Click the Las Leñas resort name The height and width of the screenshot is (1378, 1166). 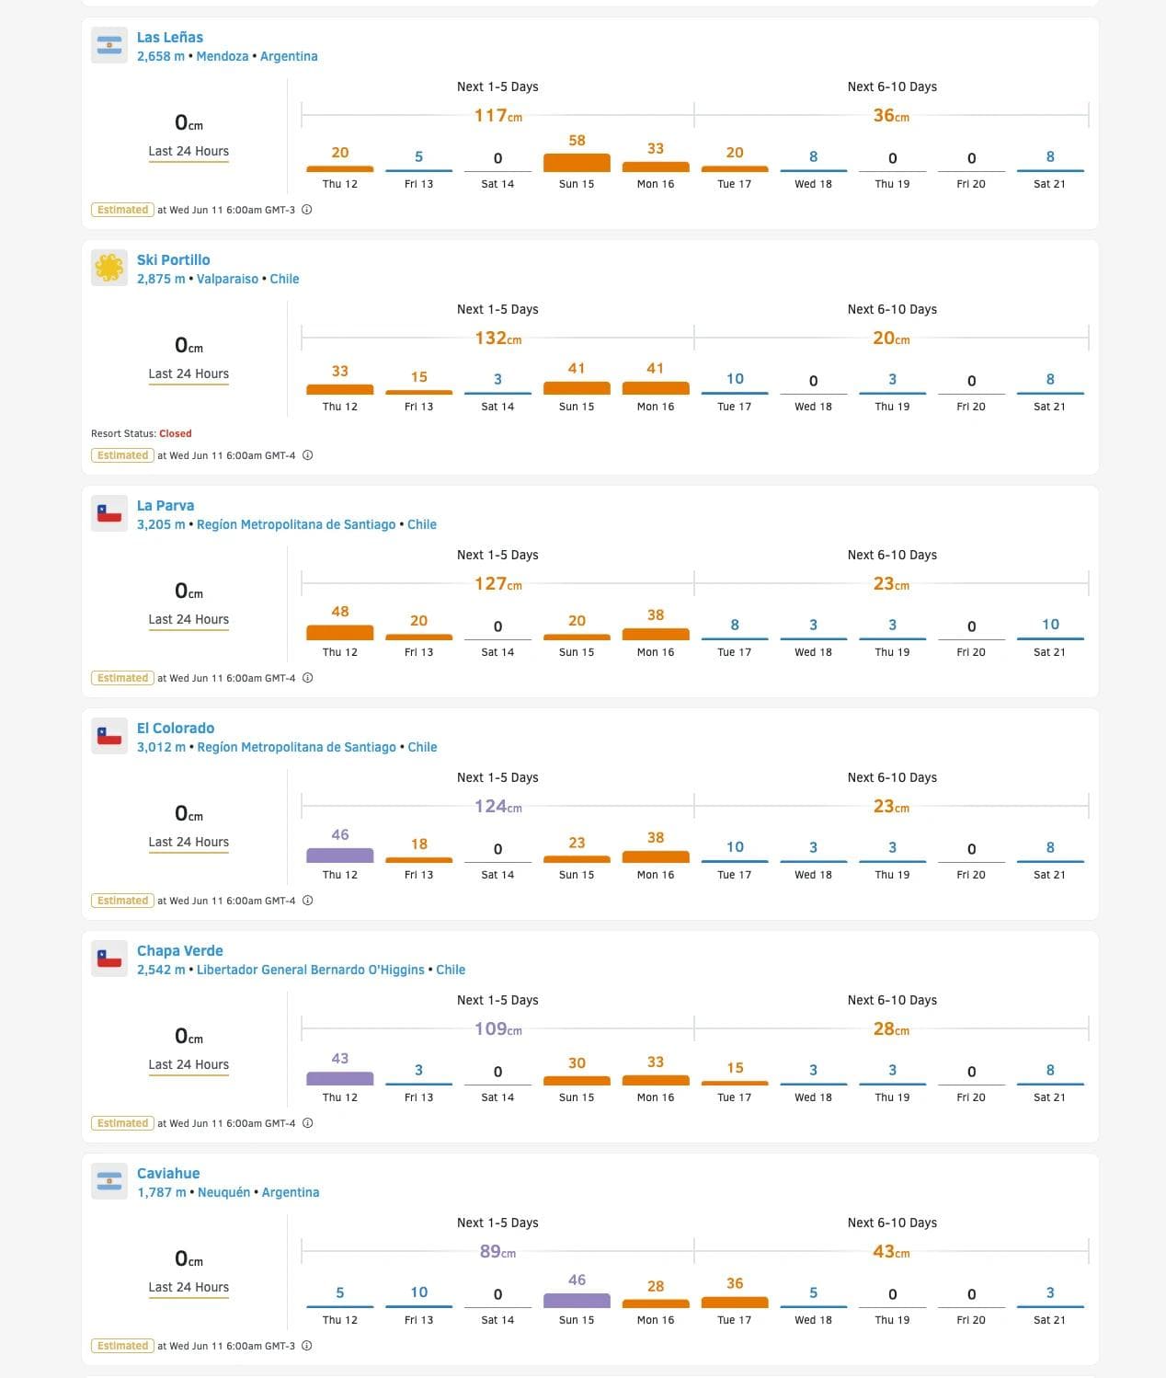(x=170, y=38)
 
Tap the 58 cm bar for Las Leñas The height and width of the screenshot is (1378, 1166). (x=577, y=162)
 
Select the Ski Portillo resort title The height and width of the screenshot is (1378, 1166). (x=173, y=260)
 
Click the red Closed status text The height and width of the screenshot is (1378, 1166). (x=175, y=433)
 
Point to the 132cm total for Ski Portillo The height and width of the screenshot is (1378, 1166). (x=497, y=339)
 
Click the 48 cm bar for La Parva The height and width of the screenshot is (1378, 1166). (x=340, y=632)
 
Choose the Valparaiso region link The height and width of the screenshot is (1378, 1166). (x=227, y=279)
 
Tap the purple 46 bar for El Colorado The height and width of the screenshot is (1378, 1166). (x=340, y=855)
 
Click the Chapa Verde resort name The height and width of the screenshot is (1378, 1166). (x=180, y=951)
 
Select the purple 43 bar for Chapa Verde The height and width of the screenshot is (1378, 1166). (x=340, y=1078)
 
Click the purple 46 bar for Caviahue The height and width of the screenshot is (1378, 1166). (x=577, y=1300)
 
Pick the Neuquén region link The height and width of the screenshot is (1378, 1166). (x=223, y=1192)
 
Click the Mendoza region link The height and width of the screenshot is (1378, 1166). (x=222, y=56)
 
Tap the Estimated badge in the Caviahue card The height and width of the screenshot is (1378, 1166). (x=122, y=1346)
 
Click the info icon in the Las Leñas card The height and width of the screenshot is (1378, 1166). (x=307, y=210)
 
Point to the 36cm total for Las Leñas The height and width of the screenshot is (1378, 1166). (x=891, y=116)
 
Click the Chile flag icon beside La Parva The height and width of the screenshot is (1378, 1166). (x=109, y=513)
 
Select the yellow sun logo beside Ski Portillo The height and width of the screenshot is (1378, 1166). (x=109, y=268)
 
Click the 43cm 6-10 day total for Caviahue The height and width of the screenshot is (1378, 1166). (x=891, y=1252)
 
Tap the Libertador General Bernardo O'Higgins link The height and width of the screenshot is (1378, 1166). (x=310, y=970)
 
